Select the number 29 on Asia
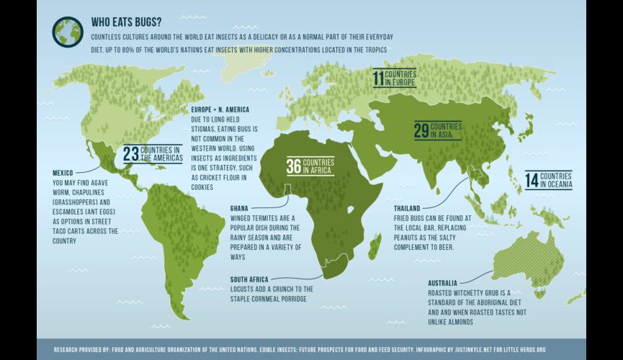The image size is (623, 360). pos(421,131)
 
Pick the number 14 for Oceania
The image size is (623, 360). pos(532,180)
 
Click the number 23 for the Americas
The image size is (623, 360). pos(130,154)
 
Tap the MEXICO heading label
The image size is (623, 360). pos(66,173)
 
